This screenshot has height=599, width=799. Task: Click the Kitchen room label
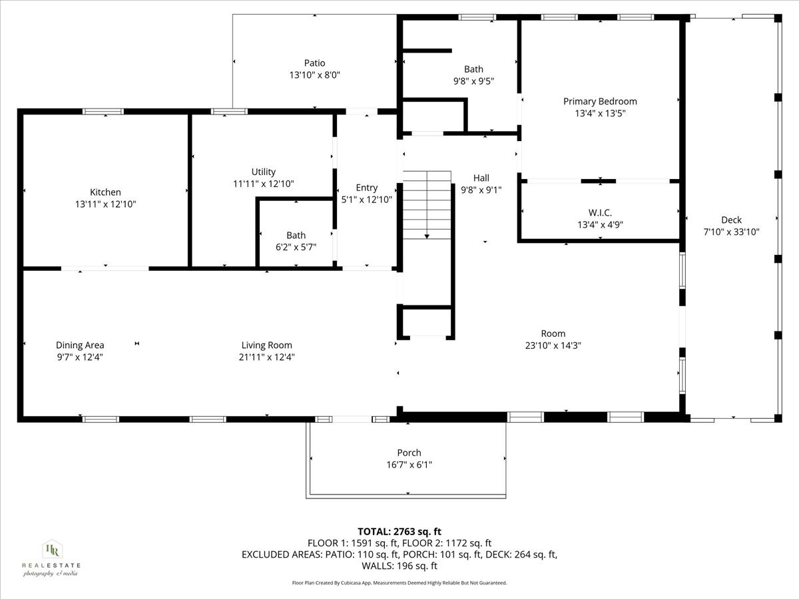(x=106, y=192)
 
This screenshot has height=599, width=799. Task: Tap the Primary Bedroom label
(x=600, y=101)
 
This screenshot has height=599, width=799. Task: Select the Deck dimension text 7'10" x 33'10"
(x=731, y=232)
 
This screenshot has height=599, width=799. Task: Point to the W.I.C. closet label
(x=600, y=212)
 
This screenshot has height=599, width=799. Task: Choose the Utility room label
(x=264, y=172)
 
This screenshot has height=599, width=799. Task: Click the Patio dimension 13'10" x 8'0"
(x=315, y=76)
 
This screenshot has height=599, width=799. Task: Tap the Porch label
(x=409, y=453)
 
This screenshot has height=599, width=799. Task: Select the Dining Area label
(x=80, y=345)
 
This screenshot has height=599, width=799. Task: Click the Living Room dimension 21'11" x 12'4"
(x=266, y=357)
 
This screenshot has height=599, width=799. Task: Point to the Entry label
(x=366, y=188)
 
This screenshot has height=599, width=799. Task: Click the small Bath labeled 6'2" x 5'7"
(x=296, y=235)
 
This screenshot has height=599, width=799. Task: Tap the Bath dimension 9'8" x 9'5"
(x=473, y=81)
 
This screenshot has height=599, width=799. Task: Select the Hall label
(x=481, y=178)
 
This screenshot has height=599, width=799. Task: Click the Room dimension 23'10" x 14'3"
(x=553, y=345)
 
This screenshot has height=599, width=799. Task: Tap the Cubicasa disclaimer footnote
(x=400, y=582)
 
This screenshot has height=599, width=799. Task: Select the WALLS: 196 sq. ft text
(x=400, y=566)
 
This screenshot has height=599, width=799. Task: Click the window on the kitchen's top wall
(x=103, y=111)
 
